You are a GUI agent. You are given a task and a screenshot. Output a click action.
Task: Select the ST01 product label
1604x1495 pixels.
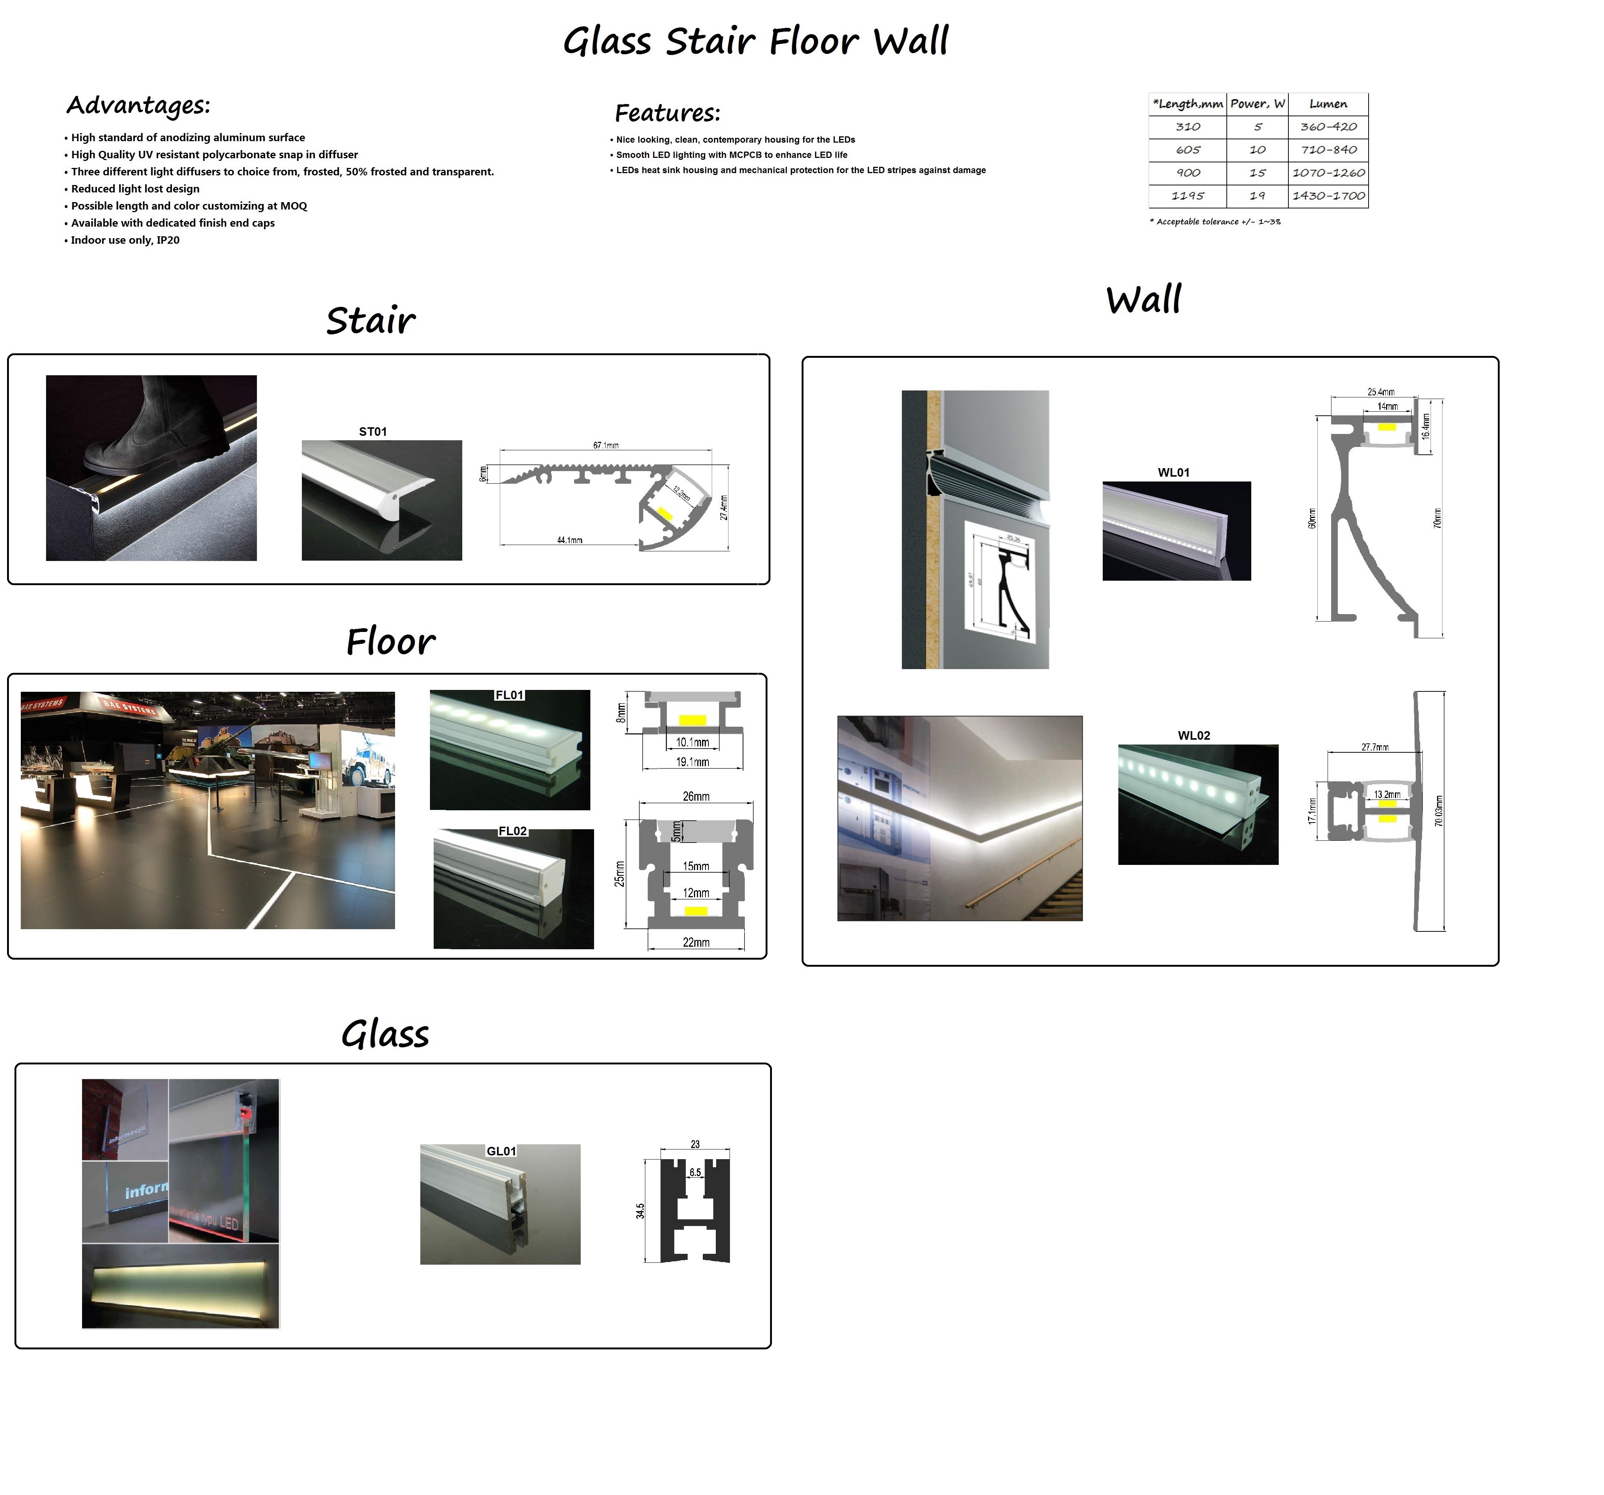point(373,432)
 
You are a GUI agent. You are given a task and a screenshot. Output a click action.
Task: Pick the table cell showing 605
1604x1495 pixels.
point(1188,150)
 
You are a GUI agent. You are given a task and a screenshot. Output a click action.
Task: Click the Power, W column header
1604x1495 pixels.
point(1257,104)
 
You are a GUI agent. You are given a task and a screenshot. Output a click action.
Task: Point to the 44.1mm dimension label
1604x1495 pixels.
point(570,540)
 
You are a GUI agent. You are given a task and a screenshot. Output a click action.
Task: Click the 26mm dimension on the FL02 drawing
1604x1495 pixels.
point(696,797)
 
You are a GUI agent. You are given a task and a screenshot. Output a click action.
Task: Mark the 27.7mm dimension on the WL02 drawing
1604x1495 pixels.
point(1375,747)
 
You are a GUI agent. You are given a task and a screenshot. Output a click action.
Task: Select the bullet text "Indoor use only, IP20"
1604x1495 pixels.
point(125,240)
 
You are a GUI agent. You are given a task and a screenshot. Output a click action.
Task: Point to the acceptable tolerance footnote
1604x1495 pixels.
point(1215,222)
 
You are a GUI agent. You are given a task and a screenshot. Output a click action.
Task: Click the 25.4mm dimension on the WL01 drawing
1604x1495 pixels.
point(1380,392)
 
